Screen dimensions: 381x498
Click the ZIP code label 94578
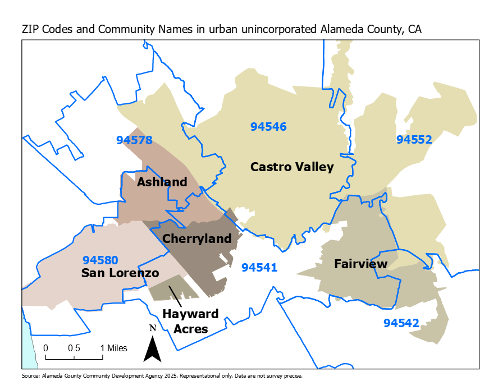click(134, 140)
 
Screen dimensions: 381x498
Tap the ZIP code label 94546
click(268, 127)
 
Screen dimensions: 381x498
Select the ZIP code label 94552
click(414, 139)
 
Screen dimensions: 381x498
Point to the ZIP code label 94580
click(100, 260)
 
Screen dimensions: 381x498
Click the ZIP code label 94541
click(259, 268)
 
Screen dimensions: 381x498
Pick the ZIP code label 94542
click(401, 323)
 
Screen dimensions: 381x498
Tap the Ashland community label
click(162, 182)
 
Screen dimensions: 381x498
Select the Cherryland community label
click(197, 238)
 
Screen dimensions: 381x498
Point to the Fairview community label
click(360, 264)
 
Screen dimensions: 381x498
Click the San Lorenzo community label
click(120, 273)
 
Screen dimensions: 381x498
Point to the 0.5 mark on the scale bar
click(74, 348)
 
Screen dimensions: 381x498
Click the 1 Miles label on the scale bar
click(115, 348)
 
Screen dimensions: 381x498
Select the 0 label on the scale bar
click(45, 348)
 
